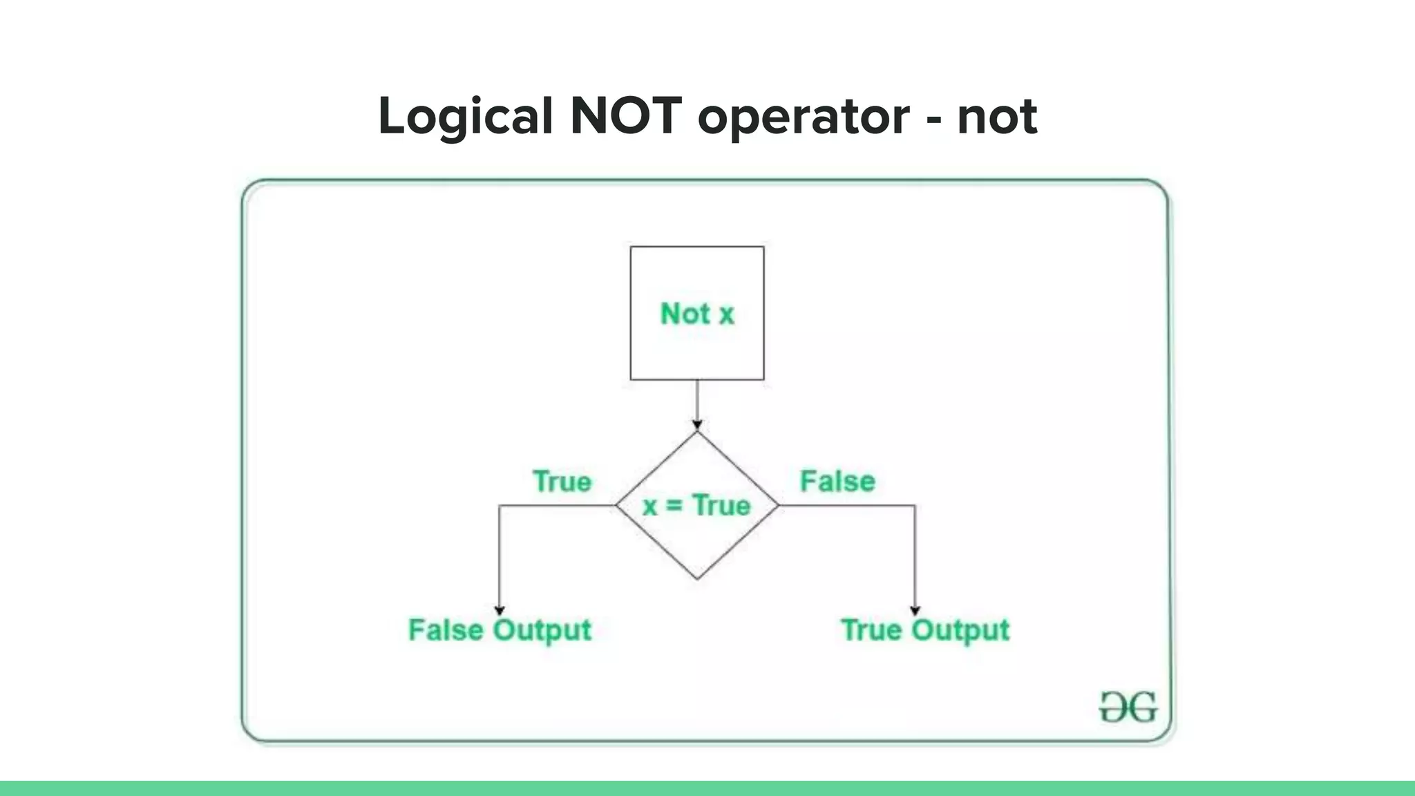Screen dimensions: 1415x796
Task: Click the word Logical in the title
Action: (x=465, y=116)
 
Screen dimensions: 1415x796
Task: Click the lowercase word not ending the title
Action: (x=997, y=116)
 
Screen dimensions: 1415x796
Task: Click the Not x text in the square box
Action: (x=696, y=314)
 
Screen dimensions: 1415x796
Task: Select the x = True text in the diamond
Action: (x=696, y=506)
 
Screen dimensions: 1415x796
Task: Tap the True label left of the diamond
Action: (x=562, y=482)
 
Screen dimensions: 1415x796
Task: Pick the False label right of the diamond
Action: (x=837, y=481)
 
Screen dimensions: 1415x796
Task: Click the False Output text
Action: (x=500, y=630)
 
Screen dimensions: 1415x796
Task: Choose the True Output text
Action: (x=924, y=630)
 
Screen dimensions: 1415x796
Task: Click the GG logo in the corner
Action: (x=1128, y=708)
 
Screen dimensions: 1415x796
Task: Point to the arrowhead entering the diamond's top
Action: (x=697, y=425)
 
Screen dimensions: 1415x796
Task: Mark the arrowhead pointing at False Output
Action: (x=499, y=610)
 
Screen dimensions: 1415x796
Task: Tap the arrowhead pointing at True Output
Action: (x=915, y=610)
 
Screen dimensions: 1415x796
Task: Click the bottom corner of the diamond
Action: (x=697, y=578)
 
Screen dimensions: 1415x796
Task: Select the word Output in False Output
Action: (x=542, y=630)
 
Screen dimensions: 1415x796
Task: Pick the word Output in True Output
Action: (x=960, y=630)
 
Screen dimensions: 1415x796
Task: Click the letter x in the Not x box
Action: (x=726, y=315)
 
